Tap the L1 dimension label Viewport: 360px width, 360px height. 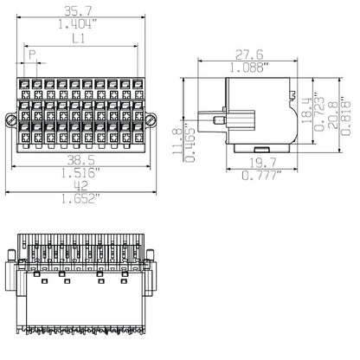[79, 41]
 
